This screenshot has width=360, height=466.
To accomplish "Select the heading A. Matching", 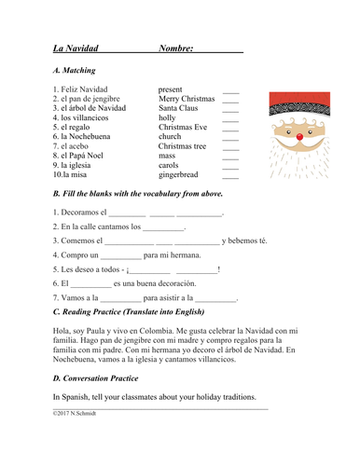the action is (x=74, y=70).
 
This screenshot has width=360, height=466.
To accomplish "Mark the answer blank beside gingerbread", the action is (x=230, y=175).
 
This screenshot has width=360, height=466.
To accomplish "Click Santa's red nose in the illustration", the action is (x=299, y=137).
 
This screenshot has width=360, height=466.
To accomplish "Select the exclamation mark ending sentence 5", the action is (x=218, y=270).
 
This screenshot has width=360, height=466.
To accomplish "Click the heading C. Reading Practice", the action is (x=139, y=311).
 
